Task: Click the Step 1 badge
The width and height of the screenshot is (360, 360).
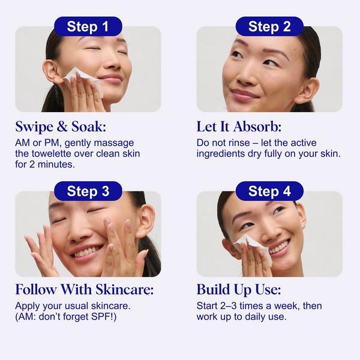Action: click(88, 26)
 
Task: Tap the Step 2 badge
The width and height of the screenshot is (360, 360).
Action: click(269, 26)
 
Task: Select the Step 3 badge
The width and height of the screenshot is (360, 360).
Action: click(88, 191)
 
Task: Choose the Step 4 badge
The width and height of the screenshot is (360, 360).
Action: click(269, 191)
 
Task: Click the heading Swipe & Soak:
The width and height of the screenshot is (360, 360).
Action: click(62, 127)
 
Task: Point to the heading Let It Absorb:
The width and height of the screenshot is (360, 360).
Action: click(239, 127)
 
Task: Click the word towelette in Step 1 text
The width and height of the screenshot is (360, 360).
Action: click(60, 154)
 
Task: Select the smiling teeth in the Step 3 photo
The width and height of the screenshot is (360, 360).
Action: click(88, 251)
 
